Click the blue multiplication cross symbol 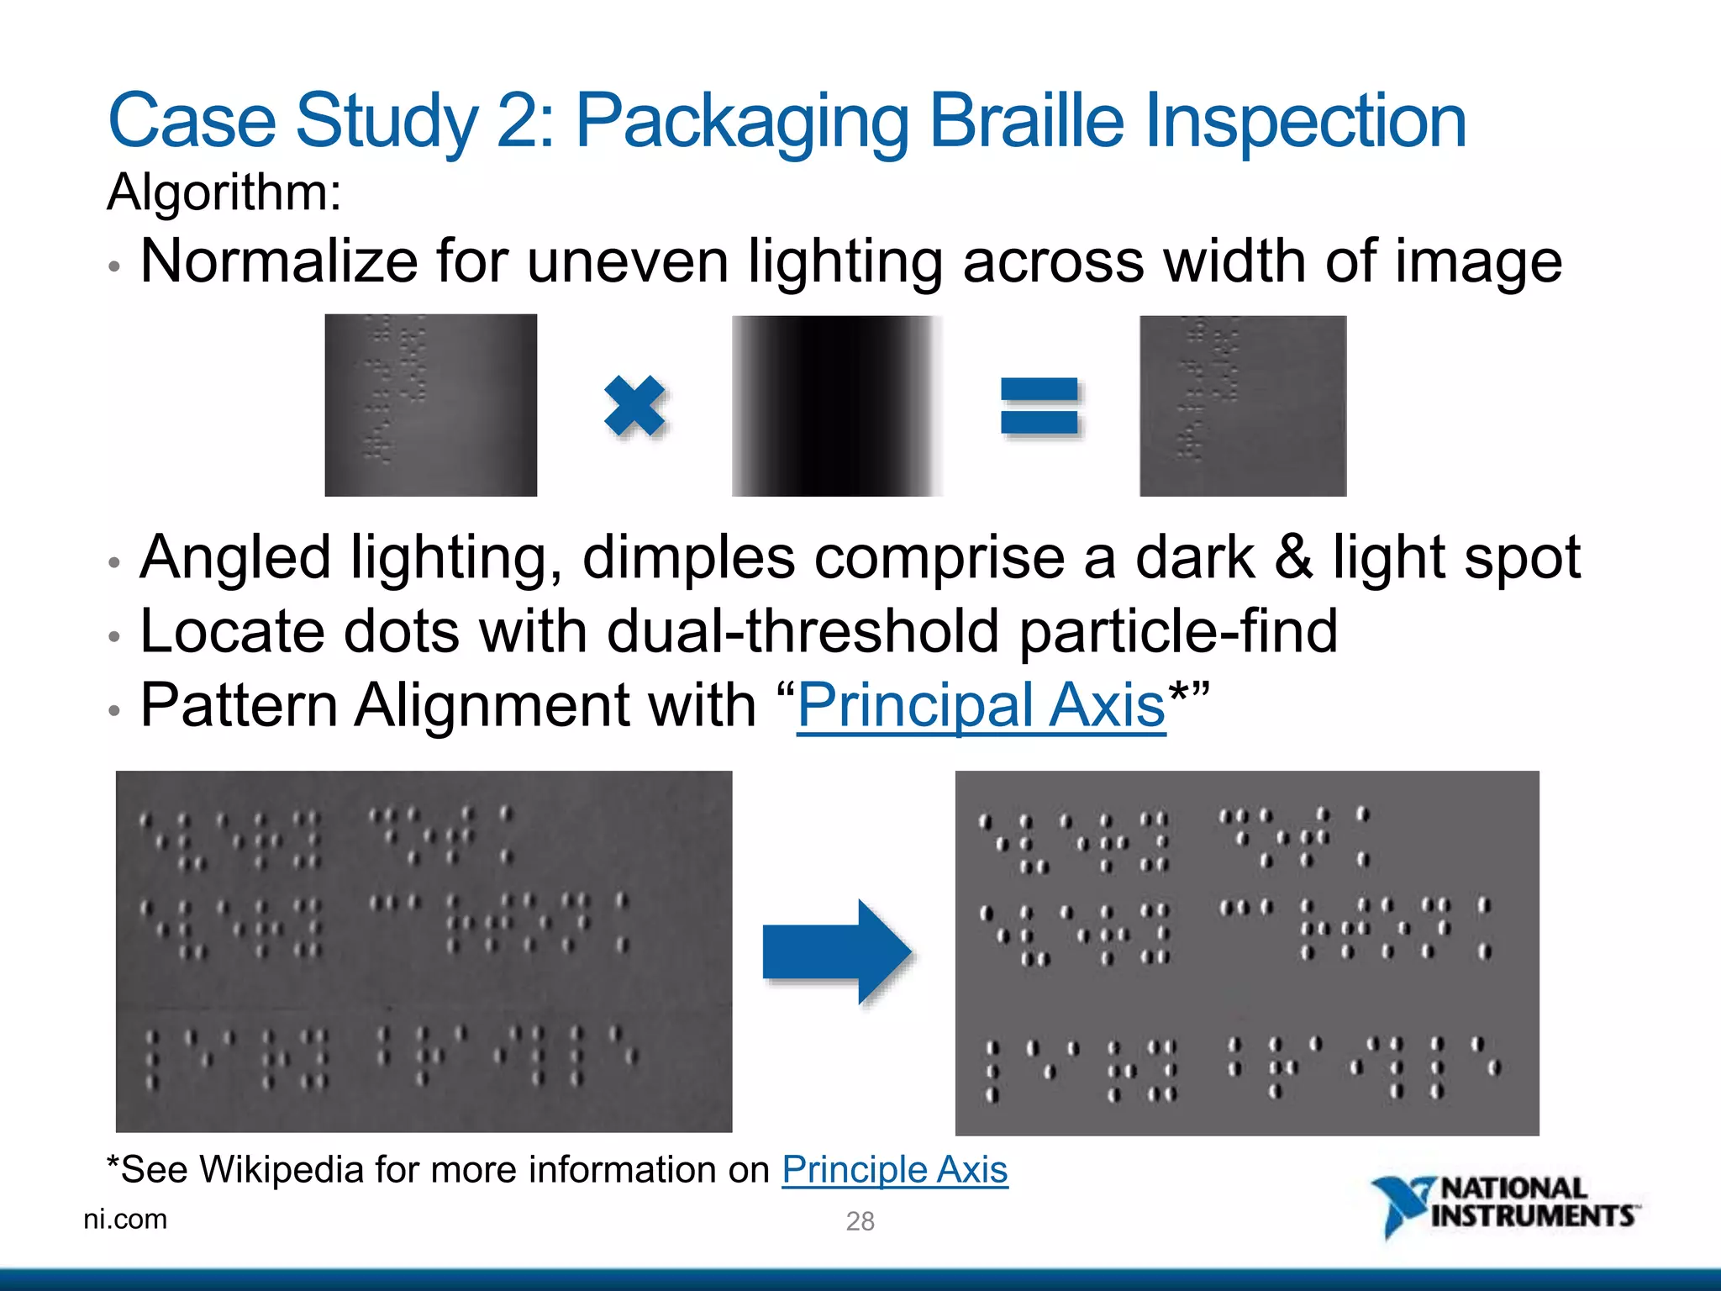coord(634,406)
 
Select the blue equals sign coord(1039,406)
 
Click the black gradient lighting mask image coord(837,406)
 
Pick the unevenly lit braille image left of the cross coord(430,405)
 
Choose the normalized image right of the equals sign coord(1243,406)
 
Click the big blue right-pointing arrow coord(837,951)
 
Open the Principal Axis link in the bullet coord(981,705)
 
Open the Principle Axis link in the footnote coord(894,1169)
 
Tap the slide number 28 coord(860,1220)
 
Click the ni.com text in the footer coord(125,1219)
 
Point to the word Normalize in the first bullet coord(278,261)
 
